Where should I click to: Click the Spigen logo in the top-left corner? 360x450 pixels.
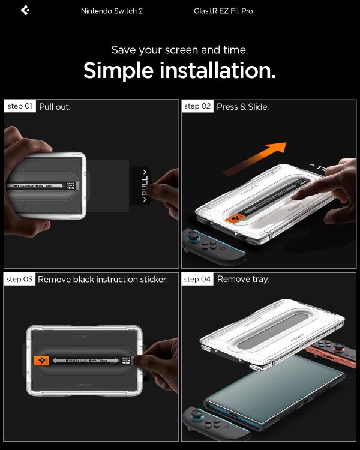pos(25,11)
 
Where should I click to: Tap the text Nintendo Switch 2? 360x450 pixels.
pos(112,11)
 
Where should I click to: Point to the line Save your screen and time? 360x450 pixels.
pos(179,50)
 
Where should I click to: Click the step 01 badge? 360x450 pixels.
pos(20,106)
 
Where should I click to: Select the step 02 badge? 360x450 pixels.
pos(197,106)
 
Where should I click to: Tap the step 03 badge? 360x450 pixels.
pos(20,279)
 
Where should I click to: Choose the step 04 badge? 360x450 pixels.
pos(197,279)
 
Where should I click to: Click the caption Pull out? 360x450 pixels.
pos(55,107)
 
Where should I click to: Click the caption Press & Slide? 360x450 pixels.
pos(242,107)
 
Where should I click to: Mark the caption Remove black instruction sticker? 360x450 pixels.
pos(103,280)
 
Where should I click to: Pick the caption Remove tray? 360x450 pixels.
pos(243,280)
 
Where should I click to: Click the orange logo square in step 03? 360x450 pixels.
pos(42,360)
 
